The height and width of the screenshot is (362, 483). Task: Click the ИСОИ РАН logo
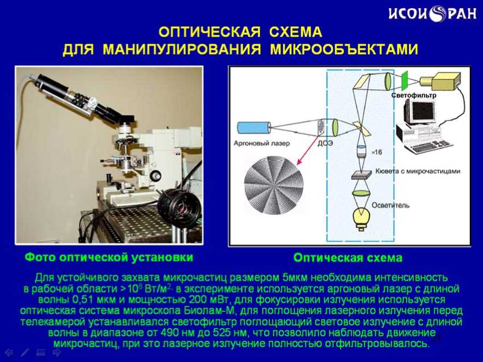[x=432, y=14]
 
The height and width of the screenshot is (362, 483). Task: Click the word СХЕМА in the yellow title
[x=295, y=32]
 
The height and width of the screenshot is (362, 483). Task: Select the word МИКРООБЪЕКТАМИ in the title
[x=344, y=50]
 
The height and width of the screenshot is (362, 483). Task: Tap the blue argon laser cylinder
[x=254, y=128]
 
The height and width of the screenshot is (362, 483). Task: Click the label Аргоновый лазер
[x=262, y=143]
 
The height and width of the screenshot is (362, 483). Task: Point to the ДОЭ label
[x=325, y=143]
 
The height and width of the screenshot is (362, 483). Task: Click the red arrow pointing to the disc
[x=307, y=151]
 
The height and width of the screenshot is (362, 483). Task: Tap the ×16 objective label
[x=377, y=152]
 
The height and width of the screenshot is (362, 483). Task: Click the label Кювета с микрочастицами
[x=418, y=171]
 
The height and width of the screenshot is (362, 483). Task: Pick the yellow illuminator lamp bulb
[x=361, y=218]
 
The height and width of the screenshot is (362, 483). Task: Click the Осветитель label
[x=390, y=205]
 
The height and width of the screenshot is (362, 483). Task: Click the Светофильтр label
[x=414, y=95]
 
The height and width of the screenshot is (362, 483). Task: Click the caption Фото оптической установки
[x=109, y=257]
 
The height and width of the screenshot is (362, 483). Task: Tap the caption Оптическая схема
[x=348, y=257]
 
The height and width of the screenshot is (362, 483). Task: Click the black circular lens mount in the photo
[x=179, y=205]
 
